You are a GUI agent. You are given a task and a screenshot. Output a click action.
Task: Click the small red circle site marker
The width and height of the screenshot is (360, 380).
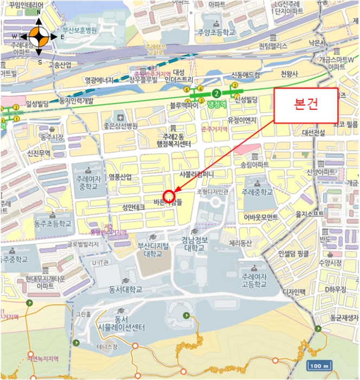(x=169, y=196)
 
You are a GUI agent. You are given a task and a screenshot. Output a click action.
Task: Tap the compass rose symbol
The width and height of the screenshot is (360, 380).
(x=38, y=37)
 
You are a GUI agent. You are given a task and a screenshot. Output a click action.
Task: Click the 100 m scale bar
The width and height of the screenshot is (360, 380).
(x=320, y=365)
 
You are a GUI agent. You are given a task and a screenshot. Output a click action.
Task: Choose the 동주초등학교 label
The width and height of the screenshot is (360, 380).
(x=52, y=223)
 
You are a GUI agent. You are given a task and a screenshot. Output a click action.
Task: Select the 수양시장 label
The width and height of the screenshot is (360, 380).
(x=330, y=263)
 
